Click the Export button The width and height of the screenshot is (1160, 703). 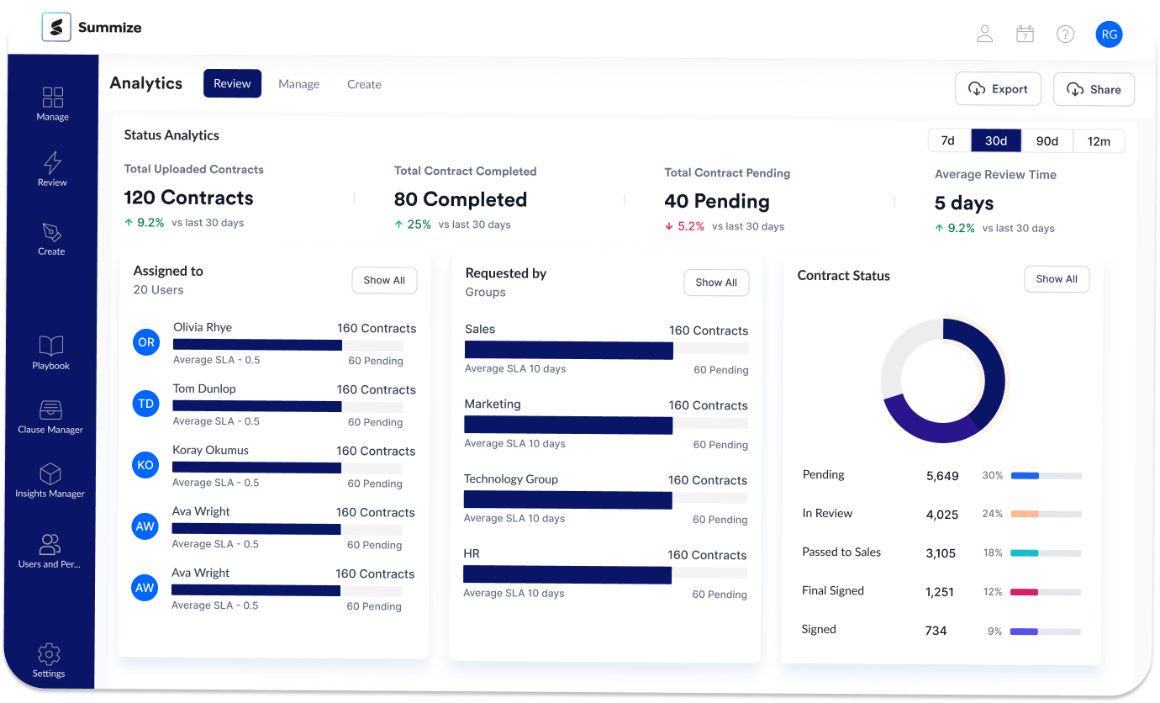[998, 89]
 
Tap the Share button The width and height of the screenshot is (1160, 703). [1094, 90]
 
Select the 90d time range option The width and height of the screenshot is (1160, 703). [1047, 141]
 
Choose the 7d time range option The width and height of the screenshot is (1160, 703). [948, 140]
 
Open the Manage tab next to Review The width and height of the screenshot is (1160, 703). [299, 84]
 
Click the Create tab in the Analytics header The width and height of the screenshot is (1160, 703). [364, 84]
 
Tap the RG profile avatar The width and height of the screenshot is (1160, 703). [1109, 34]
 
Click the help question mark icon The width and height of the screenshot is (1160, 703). [1065, 34]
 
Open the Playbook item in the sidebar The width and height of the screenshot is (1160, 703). [51, 352]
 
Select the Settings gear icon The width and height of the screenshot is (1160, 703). [49, 654]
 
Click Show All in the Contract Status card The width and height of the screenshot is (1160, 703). [1057, 279]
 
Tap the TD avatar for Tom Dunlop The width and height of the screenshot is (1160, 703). [146, 404]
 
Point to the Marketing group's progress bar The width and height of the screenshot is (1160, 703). [568, 425]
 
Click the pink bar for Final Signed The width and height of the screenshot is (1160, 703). [1024, 592]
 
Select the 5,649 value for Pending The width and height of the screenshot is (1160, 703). [942, 476]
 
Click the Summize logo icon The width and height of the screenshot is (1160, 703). [56, 27]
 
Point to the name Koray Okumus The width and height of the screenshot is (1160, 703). [211, 450]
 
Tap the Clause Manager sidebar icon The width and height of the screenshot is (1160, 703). [50, 410]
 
